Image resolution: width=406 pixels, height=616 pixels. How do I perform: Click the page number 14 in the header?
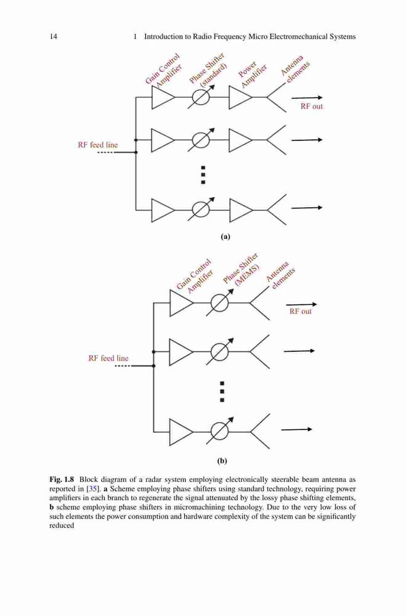click(x=54, y=36)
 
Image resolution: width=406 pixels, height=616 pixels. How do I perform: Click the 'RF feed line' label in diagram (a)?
click(x=98, y=145)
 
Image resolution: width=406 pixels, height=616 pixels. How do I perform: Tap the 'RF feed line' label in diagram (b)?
click(x=108, y=359)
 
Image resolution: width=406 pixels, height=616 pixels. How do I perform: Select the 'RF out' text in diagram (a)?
click(x=312, y=107)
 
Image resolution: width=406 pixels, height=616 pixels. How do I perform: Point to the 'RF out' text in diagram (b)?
click(x=300, y=312)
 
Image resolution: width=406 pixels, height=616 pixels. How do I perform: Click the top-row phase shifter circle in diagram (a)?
click(x=201, y=97)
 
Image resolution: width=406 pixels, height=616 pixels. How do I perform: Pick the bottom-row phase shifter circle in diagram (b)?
click(x=219, y=431)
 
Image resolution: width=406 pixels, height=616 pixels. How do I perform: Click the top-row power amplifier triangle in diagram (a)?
click(x=240, y=97)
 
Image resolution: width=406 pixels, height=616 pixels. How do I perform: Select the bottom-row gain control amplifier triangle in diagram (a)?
click(x=163, y=210)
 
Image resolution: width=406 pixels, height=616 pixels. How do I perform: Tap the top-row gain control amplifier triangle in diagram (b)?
click(x=181, y=303)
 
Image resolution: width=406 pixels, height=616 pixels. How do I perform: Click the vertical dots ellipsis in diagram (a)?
click(x=203, y=174)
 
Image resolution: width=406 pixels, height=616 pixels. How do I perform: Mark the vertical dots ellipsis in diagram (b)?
click(x=222, y=392)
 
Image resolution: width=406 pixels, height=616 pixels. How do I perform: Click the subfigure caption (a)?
click(x=225, y=237)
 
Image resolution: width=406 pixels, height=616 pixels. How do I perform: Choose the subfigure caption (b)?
click(x=222, y=461)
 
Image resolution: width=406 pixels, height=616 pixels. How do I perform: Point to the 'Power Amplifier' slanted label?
click(x=253, y=73)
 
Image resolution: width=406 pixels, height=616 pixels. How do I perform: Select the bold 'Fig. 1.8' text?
click(x=62, y=479)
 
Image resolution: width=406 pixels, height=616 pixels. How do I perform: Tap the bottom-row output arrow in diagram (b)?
click(x=297, y=429)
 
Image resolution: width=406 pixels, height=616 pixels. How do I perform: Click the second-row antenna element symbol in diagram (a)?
click(x=277, y=140)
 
